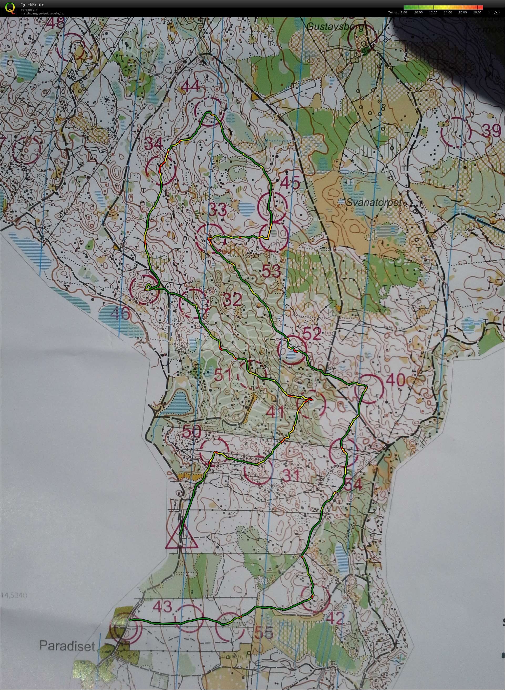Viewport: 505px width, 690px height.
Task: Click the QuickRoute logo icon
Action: (10, 8)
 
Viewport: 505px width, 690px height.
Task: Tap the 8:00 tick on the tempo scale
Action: (404, 12)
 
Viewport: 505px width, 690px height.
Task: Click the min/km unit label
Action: (494, 12)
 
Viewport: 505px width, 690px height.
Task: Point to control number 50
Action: (192, 432)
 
